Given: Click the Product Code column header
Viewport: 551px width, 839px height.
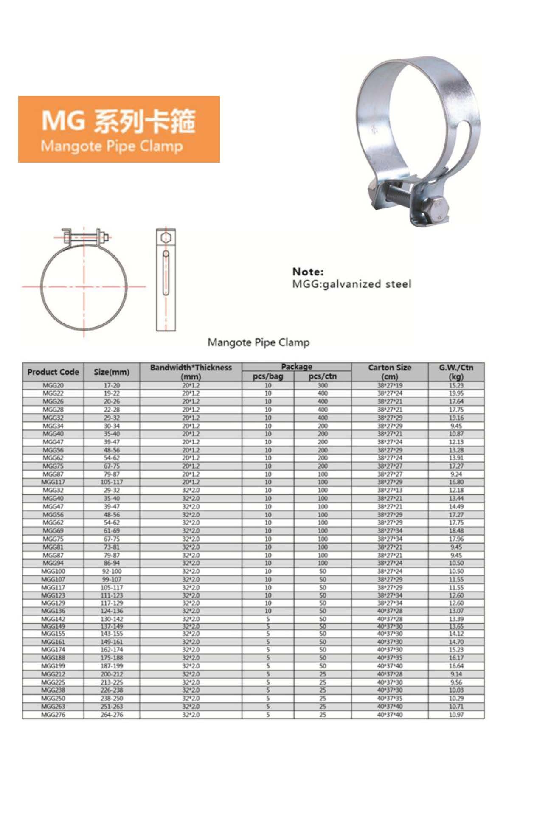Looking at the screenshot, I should point(53,372).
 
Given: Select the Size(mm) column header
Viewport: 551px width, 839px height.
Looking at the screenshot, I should point(112,372).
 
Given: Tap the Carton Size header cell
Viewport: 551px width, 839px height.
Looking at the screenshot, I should point(390,372).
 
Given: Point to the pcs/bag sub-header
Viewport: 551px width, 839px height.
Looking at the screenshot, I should point(268,376).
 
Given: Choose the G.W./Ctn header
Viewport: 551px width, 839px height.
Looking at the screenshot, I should point(456,372).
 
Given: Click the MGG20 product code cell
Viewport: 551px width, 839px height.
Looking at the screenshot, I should point(53,385).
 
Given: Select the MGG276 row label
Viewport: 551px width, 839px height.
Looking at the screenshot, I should point(53,715).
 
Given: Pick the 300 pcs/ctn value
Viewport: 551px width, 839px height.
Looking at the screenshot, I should point(323,385).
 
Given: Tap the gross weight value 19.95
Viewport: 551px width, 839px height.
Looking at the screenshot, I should point(456,393).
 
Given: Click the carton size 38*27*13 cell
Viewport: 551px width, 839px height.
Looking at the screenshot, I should point(390,490).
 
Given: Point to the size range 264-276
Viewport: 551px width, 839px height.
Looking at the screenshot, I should point(112,715).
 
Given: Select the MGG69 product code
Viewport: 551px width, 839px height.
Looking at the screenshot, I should point(53,531).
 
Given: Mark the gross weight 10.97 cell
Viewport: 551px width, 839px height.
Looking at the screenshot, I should point(456,715).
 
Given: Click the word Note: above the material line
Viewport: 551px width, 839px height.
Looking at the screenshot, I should point(308,272).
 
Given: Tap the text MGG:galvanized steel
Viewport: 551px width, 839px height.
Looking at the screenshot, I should point(351,284).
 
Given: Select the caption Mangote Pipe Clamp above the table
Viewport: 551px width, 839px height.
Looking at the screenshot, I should point(259,342).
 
